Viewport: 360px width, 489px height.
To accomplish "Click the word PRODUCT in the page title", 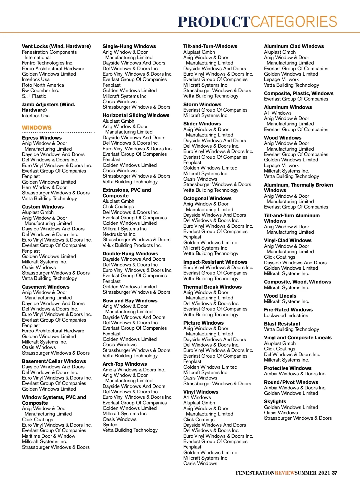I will point(214,22).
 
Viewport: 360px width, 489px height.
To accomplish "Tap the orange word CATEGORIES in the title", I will point(294,22).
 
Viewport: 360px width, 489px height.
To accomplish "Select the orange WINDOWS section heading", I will point(37,127).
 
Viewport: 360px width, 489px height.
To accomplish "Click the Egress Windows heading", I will point(42,138).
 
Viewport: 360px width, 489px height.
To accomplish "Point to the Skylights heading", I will point(275,401).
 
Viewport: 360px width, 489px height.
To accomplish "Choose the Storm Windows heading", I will point(202,104).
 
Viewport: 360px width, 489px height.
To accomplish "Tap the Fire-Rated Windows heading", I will point(288,310).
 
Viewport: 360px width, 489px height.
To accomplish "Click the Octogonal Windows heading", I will point(207,198).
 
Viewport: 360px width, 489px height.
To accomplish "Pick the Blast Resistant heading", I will point(282,324).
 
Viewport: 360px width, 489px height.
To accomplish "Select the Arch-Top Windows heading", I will point(124,364).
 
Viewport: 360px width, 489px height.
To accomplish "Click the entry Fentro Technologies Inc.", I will point(47,63).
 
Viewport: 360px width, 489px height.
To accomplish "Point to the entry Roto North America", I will point(43,85).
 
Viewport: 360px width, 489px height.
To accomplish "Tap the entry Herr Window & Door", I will point(44,187).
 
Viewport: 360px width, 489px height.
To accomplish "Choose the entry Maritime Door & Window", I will point(49,436).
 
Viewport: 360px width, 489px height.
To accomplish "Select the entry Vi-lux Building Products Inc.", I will point(132,245).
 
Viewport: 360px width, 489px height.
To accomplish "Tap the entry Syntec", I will point(110,424).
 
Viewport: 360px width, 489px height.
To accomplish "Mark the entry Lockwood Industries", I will point(286,315).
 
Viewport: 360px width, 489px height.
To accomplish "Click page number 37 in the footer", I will point(334,473).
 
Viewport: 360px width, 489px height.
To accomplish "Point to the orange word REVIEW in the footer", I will point(285,473).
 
